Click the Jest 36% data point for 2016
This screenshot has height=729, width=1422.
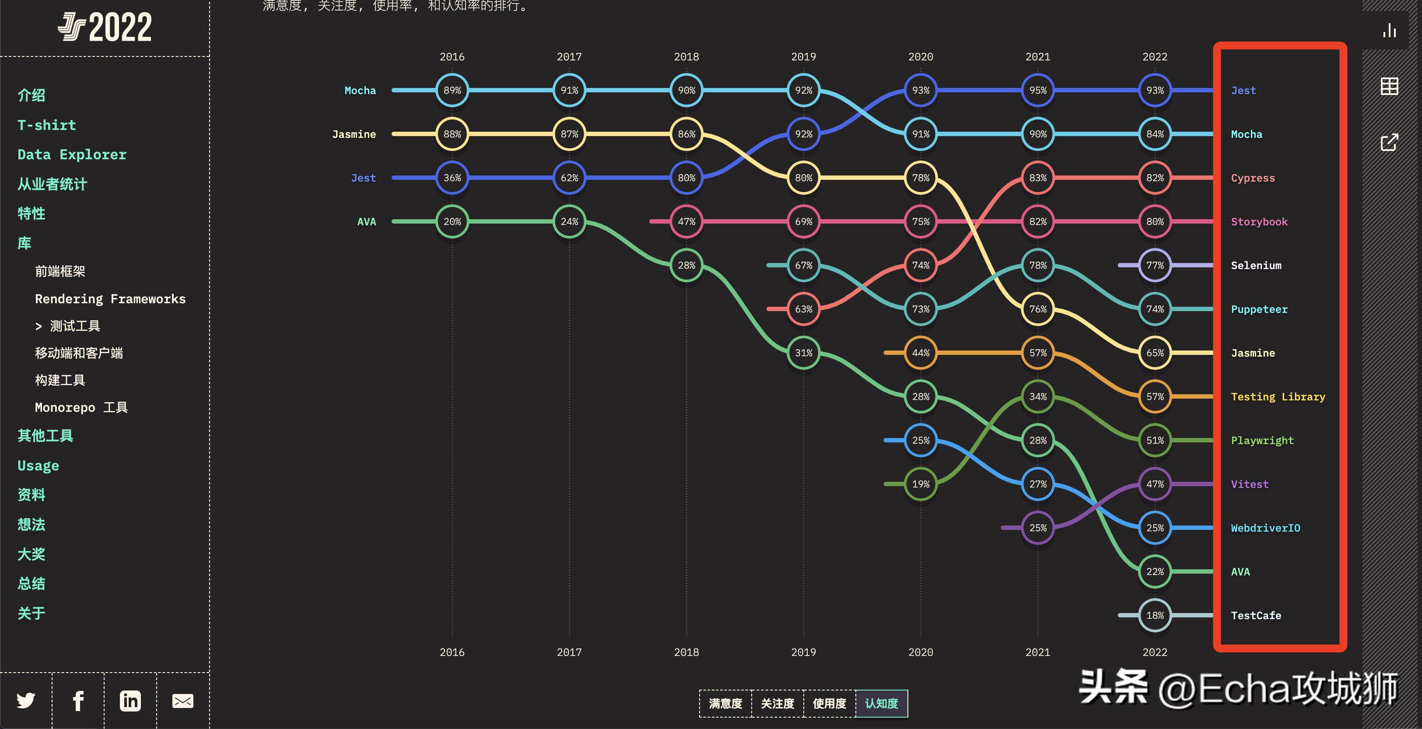[x=452, y=178]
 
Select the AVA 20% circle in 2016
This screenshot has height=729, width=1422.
[x=452, y=221]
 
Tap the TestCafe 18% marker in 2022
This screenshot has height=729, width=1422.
[x=1155, y=615]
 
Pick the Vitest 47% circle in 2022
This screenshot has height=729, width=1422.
[x=1155, y=484]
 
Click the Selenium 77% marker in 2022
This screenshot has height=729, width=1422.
[x=1155, y=265]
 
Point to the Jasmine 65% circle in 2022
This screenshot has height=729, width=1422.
[x=1155, y=353]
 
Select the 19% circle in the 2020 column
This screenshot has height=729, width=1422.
[x=920, y=484]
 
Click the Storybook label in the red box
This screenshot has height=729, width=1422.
[x=1259, y=222]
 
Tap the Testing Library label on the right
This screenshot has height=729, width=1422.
[x=1277, y=396]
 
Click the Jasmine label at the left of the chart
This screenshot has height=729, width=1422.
[x=354, y=134]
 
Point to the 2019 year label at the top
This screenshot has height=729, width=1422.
[x=803, y=57]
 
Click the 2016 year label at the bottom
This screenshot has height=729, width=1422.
[x=452, y=652]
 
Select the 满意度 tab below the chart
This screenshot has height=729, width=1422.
[x=725, y=704]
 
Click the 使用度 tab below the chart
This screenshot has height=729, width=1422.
[x=829, y=704]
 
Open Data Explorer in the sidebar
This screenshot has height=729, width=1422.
[x=72, y=154]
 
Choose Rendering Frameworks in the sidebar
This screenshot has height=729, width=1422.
[x=110, y=299]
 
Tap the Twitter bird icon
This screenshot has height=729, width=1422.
[x=26, y=701]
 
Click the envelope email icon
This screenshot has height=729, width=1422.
[x=183, y=701]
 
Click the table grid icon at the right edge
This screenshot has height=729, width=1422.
[x=1389, y=86]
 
